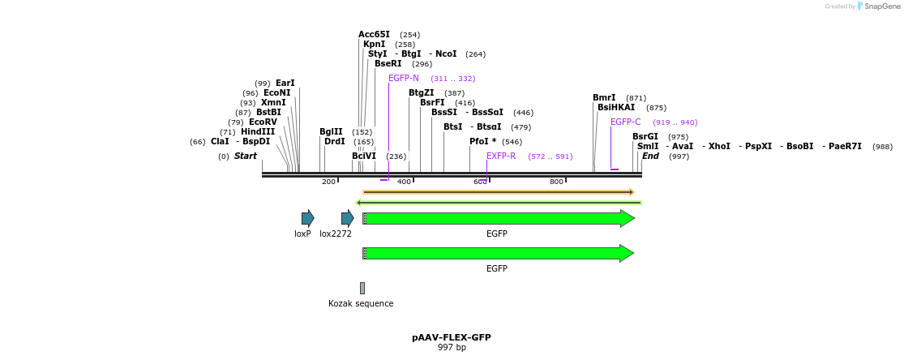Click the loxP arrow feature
[307, 218]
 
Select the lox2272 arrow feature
[347, 218]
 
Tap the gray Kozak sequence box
[362, 288]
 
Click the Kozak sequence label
[361, 304]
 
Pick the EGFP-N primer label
[404, 79]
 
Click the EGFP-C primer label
[625, 122]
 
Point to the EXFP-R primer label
[501, 156]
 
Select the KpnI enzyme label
[375, 45]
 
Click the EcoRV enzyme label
[263, 122]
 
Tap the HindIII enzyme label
[258, 132]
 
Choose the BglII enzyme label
[331, 132]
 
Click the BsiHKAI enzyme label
[616, 108]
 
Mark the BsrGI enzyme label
[645, 137]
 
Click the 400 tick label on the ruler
[404, 182]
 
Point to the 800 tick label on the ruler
[556, 182]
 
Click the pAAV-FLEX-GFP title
[452, 337]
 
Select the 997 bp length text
[452, 348]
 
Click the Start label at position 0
[246, 156]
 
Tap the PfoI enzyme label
[482, 142]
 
